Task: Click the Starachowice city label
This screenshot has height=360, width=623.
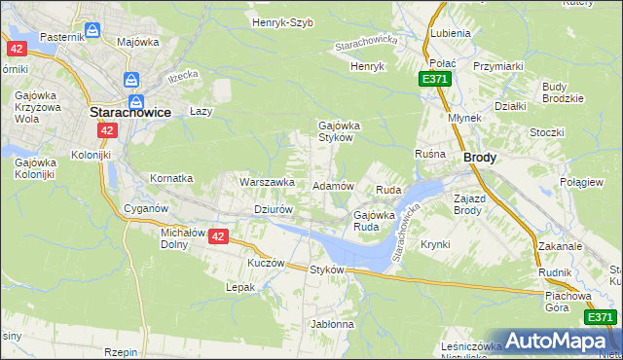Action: coord(130,112)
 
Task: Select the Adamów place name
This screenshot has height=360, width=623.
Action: coord(332,185)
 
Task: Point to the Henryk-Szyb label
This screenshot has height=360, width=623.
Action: coord(282,22)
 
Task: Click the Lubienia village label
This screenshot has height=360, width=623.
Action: coord(450,32)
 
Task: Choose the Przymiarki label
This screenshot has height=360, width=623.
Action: coord(498,66)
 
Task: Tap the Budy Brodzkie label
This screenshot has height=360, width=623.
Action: coord(563,92)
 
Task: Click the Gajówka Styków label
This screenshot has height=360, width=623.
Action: coord(335,131)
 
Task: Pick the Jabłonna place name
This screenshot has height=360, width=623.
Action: coord(332,324)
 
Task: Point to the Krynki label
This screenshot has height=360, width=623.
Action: coord(436,244)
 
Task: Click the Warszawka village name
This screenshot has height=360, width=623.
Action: coord(267,182)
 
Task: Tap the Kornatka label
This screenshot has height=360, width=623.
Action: coord(171,179)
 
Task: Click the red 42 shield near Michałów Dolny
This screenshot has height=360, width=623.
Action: coord(218,236)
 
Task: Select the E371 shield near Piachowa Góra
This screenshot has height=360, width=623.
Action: coord(600,317)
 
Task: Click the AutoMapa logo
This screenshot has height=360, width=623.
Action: coord(557,341)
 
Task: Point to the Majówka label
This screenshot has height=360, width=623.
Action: coord(138,43)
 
